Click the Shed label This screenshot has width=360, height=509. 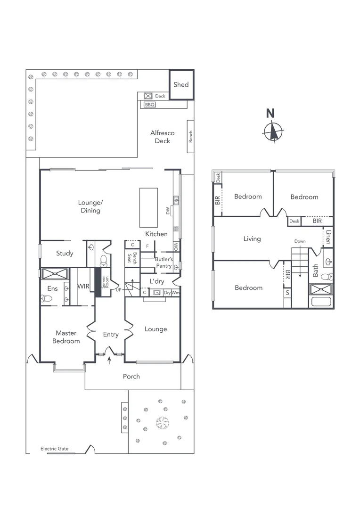(x=181, y=85)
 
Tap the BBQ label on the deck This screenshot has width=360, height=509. (x=149, y=105)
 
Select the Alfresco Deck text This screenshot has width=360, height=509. (x=162, y=137)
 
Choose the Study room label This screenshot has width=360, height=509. (x=65, y=254)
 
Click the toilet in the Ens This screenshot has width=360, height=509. (x=46, y=298)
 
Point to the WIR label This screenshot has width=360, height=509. (x=83, y=286)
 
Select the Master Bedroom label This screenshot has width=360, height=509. (x=66, y=337)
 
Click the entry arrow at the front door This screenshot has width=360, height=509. (x=110, y=361)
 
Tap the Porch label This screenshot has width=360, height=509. (x=131, y=376)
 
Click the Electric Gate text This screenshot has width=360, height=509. (x=54, y=449)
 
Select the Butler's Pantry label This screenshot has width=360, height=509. (x=164, y=263)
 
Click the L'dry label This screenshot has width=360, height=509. (x=157, y=281)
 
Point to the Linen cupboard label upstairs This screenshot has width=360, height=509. (x=327, y=237)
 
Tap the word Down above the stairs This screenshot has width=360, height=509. (x=300, y=241)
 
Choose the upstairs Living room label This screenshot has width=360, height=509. (x=252, y=239)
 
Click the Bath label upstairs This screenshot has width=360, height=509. (x=316, y=270)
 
